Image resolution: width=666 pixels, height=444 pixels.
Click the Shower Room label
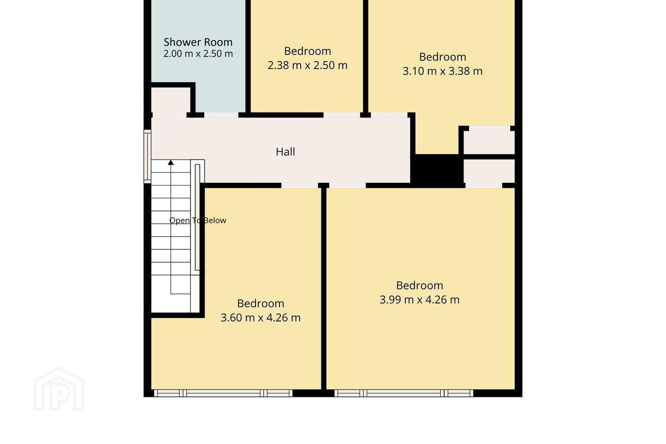pyautogui.click(x=198, y=42)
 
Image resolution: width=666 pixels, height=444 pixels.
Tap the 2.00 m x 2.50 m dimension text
pyautogui.click(x=198, y=54)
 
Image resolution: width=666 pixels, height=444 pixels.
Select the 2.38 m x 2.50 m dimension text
pyautogui.click(x=308, y=65)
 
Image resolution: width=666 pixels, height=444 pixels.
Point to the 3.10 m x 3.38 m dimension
pyautogui.click(x=443, y=71)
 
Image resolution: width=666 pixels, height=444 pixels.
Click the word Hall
pyautogui.click(x=285, y=152)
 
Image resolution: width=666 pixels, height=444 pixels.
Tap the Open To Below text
pyautogui.click(x=198, y=220)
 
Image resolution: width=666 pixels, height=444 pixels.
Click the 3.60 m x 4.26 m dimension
pyautogui.click(x=260, y=318)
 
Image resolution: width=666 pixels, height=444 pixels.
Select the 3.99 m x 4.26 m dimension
pyautogui.click(x=419, y=300)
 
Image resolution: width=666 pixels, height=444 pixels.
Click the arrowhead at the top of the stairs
pyautogui.click(x=171, y=162)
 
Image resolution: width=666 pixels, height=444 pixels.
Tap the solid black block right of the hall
pyautogui.click(x=437, y=170)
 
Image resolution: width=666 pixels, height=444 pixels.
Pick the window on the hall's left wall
pyautogui.click(x=148, y=156)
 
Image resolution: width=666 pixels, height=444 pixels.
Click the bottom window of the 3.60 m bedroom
pyautogui.click(x=223, y=393)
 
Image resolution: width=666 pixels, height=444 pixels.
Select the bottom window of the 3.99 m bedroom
pyautogui.click(x=404, y=393)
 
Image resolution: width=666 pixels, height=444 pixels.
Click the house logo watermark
pyautogui.click(x=59, y=389)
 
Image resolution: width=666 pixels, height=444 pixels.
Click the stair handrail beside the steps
pyautogui.click(x=197, y=217)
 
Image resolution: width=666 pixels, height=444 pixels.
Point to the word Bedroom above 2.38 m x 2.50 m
pyautogui.click(x=308, y=51)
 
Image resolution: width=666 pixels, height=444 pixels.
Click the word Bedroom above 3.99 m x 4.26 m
pyautogui.click(x=419, y=285)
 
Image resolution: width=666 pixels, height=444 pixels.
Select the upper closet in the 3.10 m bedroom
pyautogui.click(x=489, y=142)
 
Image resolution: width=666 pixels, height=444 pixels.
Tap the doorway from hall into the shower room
pyautogui.click(x=221, y=115)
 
